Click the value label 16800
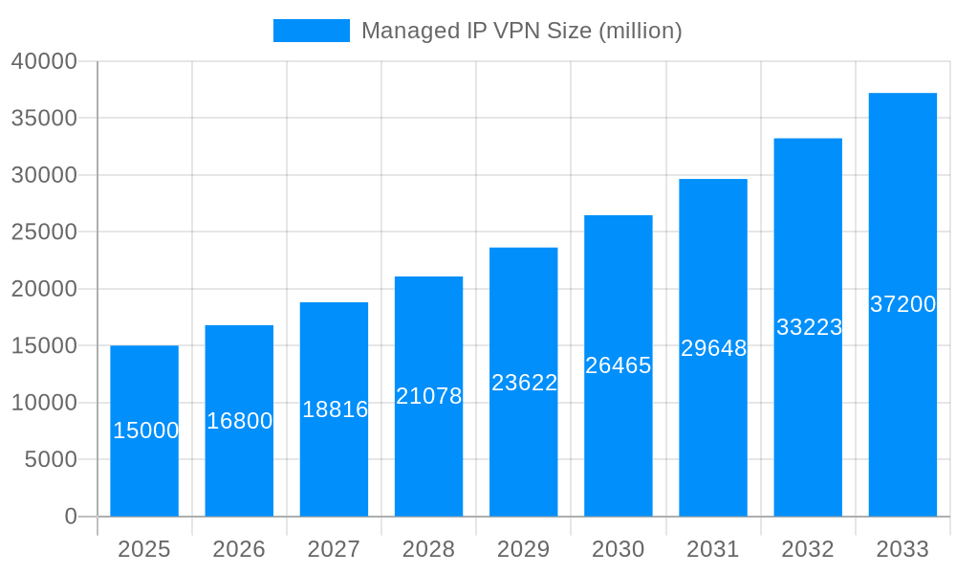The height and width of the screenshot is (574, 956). click(239, 421)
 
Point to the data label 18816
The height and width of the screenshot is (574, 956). click(335, 409)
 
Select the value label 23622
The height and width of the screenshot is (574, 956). click(524, 383)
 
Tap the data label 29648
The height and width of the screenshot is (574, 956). click(713, 348)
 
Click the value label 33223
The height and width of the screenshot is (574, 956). click(809, 327)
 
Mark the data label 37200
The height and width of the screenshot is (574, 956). click(902, 304)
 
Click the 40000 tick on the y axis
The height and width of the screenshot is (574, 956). click(44, 61)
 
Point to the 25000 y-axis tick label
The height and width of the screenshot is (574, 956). click(44, 232)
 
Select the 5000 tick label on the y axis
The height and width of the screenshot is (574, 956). click(51, 459)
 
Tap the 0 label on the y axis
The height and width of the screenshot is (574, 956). click(71, 517)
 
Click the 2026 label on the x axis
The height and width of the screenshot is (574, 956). click(239, 549)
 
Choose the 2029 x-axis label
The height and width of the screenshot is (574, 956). click(524, 549)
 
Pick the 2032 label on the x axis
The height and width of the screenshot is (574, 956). click(808, 549)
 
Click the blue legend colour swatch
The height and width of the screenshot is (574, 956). click(312, 31)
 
